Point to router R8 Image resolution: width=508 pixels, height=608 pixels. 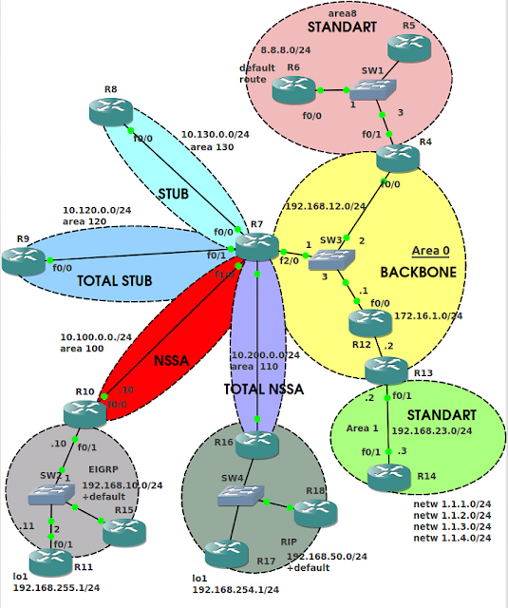pos(113,112)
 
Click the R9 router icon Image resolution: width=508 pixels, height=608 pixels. pos(22,256)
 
